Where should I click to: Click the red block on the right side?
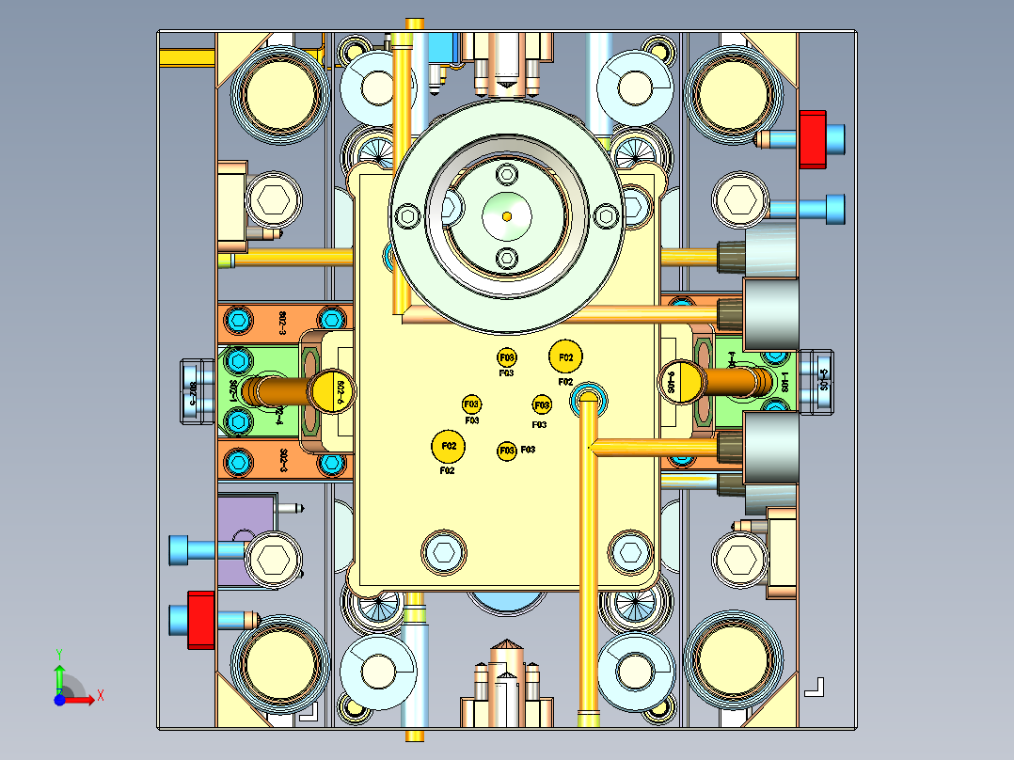coord(812,139)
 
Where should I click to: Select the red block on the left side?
coord(199,619)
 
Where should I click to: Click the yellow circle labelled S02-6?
coord(335,390)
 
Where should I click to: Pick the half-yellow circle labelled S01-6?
coord(682,381)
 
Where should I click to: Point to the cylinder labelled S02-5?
coord(195,390)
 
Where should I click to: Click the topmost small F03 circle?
coord(506,357)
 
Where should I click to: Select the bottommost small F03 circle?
coord(506,451)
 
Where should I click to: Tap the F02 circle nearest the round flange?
coord(565,357)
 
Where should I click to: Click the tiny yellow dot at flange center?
coord(507,215)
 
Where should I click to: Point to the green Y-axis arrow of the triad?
coord(59,672)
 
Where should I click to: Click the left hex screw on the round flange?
coord(408,215)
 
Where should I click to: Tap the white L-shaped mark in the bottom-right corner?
coord(815,687)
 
